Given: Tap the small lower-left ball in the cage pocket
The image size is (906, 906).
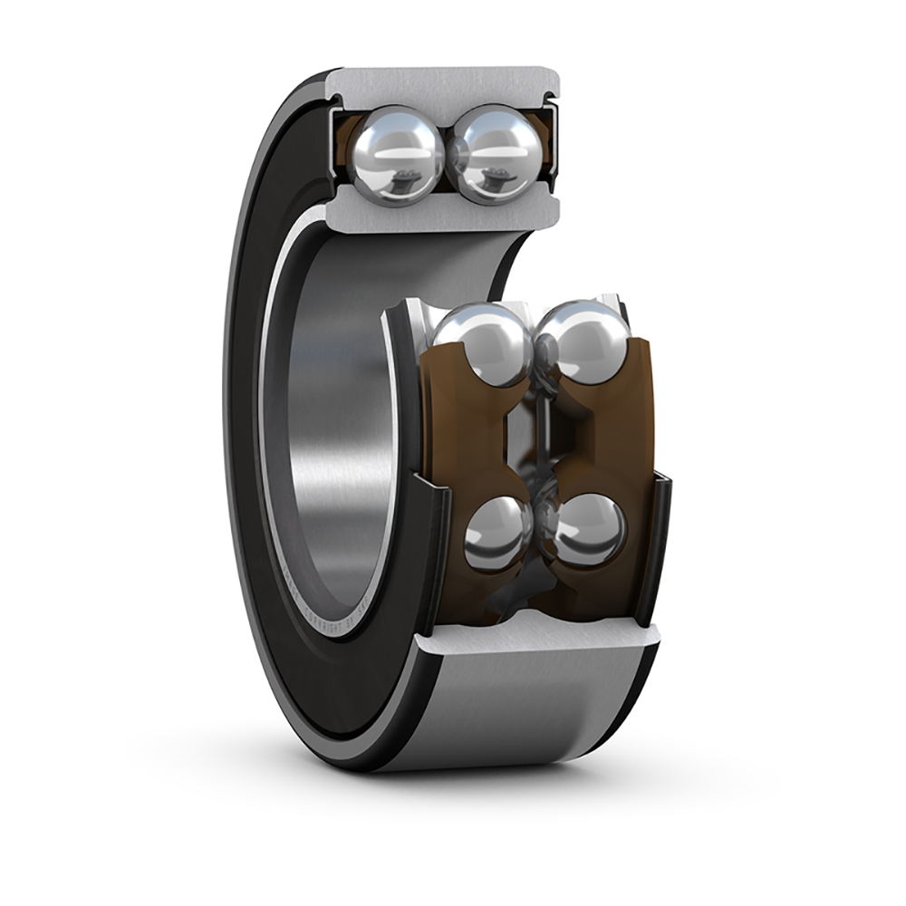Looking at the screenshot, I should pos(497,534).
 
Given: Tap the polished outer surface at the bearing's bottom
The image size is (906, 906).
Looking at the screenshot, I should pos(507,716).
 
